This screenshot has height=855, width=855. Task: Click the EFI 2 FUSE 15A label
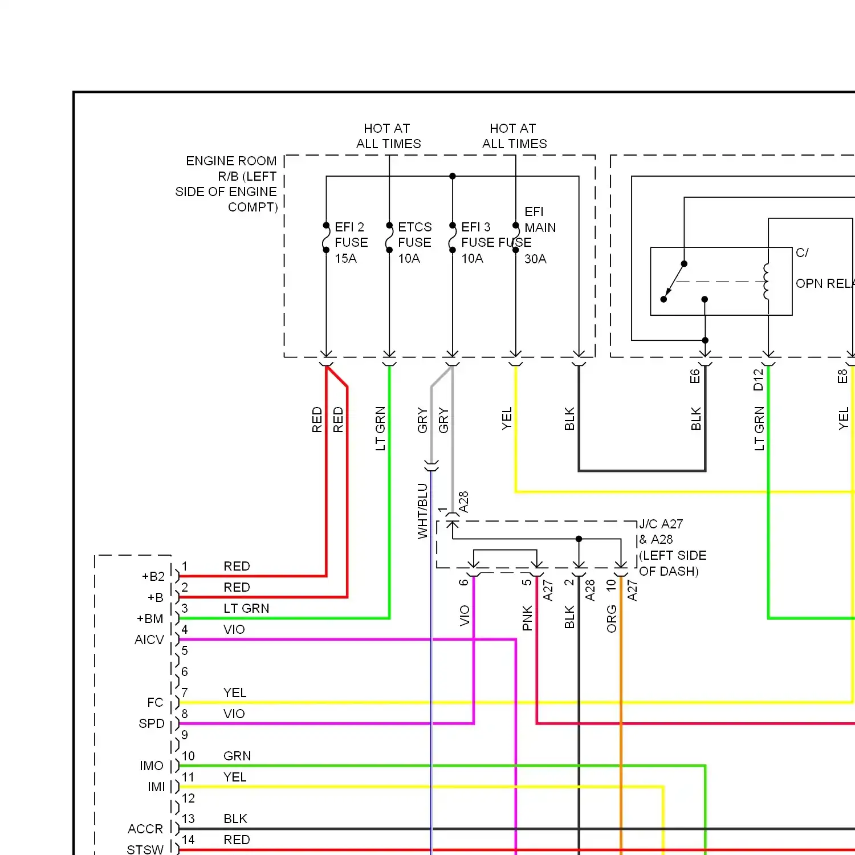pos(351,242)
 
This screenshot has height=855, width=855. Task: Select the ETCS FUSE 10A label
pos(414,242)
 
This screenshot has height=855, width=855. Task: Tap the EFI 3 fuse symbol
pos(453,238)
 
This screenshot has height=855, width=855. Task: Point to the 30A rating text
pos(535,259)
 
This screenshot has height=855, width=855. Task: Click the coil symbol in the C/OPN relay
pos(767,281)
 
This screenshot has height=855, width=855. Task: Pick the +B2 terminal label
pos(153,576)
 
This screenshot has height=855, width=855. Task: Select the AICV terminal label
pos(149,640)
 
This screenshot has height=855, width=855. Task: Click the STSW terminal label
pos(145,849)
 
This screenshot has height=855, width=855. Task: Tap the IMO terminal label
pos(152,766)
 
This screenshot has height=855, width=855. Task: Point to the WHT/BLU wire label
pos(422,511)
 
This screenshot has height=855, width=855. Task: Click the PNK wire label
pos(527,618)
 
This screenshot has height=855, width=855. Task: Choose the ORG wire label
pos(612,618)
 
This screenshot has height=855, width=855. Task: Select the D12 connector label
pos(758,380)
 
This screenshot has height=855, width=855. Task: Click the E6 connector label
pos(694,376)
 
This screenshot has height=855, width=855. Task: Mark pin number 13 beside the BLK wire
pos(188,819)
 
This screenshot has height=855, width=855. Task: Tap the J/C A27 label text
pos(661,524)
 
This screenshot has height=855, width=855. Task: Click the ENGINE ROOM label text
pos(231,161)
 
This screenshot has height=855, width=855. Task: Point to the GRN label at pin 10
pos(237,756)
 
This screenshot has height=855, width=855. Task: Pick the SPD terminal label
pos(152,723)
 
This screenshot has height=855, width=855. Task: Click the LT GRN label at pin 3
pos(246,608)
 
